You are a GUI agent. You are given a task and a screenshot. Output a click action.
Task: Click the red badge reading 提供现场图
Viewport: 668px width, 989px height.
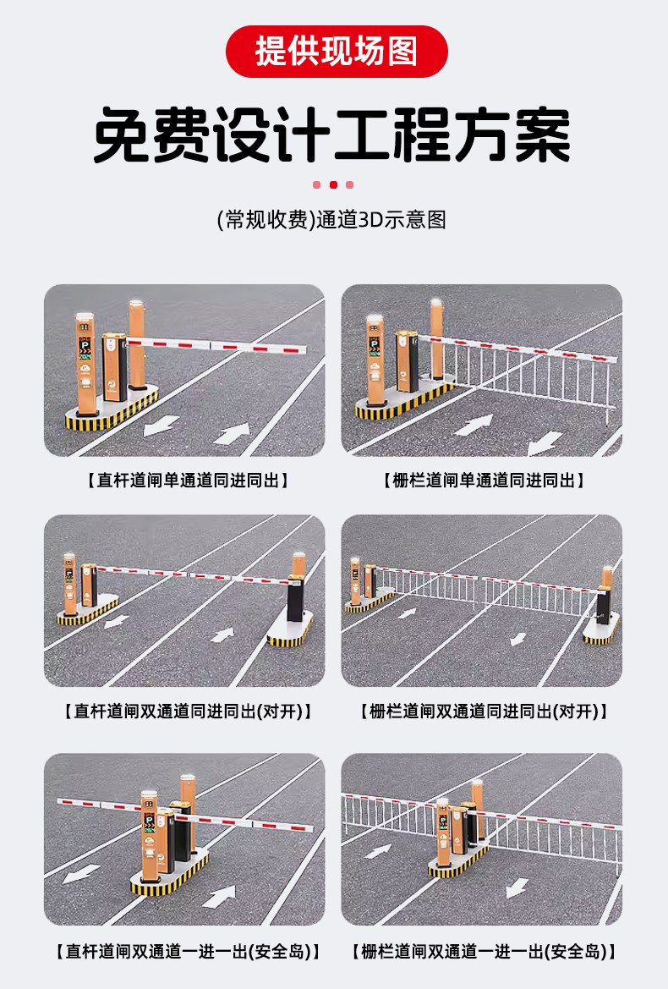click(337, 51)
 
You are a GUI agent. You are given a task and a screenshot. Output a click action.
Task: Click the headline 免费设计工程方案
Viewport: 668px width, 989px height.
click(332, 135)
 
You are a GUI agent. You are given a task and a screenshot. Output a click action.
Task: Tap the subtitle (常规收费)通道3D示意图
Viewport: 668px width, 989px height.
click(331, 219)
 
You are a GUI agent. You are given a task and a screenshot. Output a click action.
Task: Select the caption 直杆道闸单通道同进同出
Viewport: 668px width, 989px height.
click(187, 481)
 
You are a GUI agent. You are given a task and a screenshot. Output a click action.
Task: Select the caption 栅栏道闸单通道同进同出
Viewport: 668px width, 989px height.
click(484, 481)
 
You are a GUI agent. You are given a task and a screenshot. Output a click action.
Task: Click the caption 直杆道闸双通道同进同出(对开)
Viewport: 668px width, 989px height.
click(188, 712)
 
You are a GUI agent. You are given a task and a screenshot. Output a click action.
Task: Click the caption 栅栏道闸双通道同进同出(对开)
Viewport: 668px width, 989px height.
click(484, 712)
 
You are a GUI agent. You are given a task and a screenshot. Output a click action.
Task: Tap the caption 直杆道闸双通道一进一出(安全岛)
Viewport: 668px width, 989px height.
click(188, 951)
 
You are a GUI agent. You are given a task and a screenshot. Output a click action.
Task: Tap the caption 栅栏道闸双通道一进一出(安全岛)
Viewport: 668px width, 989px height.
click(484, 951)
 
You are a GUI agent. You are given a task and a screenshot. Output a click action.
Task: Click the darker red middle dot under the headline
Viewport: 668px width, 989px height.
click(333, 184)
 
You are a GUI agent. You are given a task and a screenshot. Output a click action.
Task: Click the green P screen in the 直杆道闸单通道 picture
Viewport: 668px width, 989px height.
click(85, 347)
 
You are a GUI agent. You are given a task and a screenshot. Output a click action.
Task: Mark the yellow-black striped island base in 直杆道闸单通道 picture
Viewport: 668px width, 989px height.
click(112, 410)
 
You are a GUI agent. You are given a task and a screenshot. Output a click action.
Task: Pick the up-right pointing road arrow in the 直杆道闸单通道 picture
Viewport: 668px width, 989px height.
click(233, 434)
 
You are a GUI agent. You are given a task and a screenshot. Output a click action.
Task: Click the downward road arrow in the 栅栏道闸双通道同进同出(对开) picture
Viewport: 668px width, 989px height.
click(518, 639)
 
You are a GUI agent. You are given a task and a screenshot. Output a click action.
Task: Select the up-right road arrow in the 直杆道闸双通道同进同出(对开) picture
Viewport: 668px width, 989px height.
click(222, 635)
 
